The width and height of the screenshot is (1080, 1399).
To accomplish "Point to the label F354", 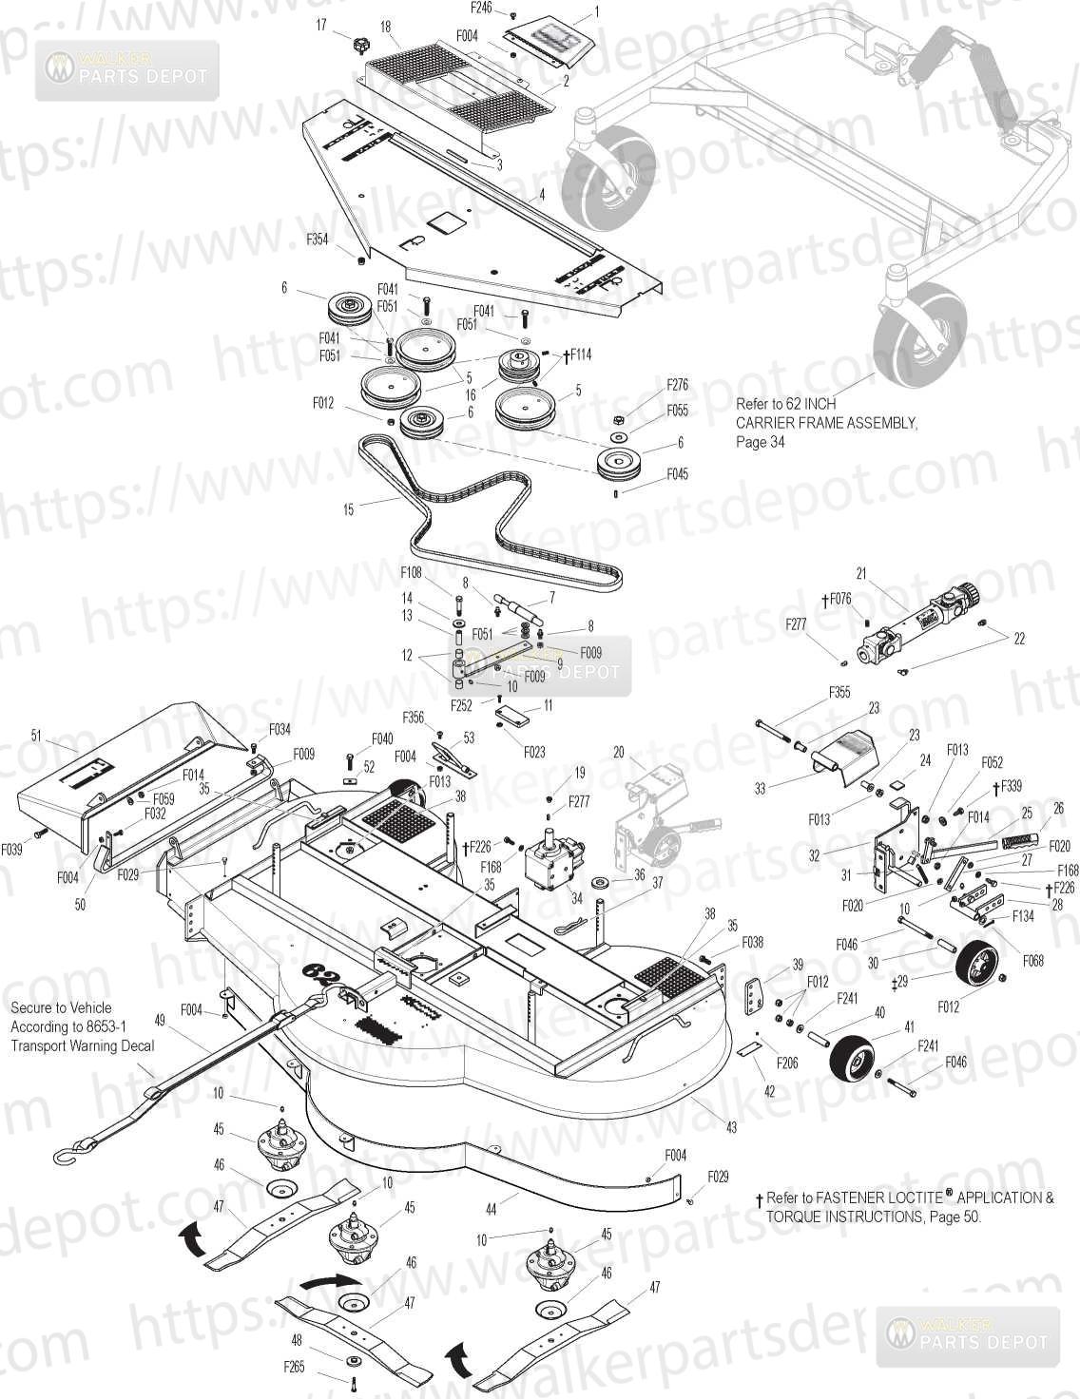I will click(x=318, y=240).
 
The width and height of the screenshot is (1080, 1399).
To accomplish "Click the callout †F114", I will click(x=577, y=355).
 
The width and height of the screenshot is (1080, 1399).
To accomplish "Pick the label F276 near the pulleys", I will click(x=677, y=386).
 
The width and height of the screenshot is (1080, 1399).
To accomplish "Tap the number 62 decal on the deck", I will click(x=324, y=975).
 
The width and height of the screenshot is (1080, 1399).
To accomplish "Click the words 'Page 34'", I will click(x=761, y=441).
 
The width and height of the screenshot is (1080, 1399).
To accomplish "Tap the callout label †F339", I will click(x=1007, y=787).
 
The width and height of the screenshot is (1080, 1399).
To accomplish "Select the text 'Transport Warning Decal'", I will click(x=83, y=1045).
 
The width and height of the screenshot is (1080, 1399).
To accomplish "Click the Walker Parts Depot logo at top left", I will click(x=127, y=70).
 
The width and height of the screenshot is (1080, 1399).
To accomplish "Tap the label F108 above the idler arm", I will click(x=411, y=572).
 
